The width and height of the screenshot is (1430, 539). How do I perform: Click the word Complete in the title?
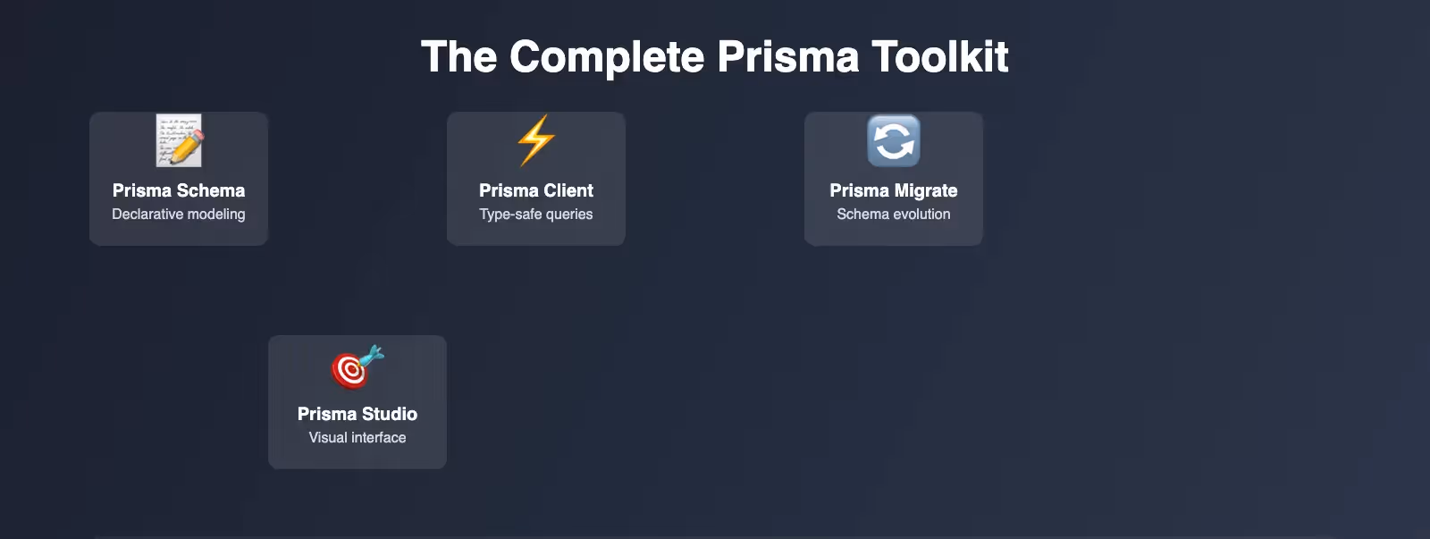point(607,57)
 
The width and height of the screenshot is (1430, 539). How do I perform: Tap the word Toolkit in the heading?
point(939,56)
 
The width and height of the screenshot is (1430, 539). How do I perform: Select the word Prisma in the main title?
point(787,56)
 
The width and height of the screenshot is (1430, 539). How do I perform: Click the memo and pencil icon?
point(180,140)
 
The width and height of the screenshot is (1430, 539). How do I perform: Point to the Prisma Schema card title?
point(179,190)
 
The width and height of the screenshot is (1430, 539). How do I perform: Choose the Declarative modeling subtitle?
point(179,214)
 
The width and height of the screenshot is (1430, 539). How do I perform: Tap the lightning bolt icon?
point(536,140)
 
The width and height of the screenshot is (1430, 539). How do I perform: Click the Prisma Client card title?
point(536,190)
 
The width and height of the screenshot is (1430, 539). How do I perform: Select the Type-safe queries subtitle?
point(536,214)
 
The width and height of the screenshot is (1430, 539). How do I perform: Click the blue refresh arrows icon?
point(894,140)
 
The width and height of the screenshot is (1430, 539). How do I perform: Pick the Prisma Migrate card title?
point(894,190)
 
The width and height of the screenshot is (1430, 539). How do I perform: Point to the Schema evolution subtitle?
point(894,214)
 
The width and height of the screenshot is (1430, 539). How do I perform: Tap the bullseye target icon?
point(357,366)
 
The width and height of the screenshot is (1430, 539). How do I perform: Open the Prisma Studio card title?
point(357,414)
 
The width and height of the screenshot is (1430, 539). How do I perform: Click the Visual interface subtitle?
point(357,437)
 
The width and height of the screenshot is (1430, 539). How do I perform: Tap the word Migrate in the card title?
point(926,191)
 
